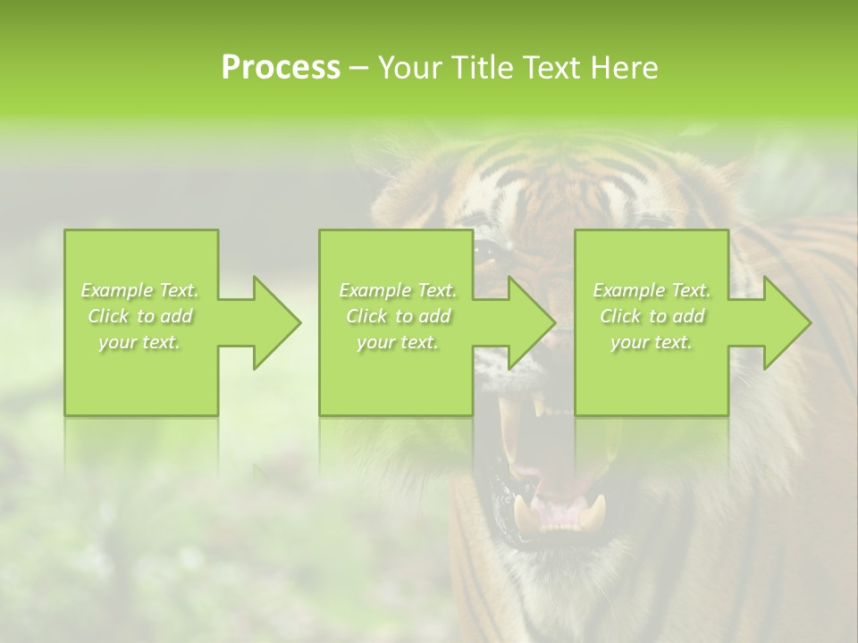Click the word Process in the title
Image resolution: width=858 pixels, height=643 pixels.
(x=281, y=68)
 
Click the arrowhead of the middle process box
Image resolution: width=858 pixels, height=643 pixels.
(x=531, y=322)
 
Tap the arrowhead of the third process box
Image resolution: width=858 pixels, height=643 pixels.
(x=786, y=322)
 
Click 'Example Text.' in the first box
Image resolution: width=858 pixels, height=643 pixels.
(x=140, y=290)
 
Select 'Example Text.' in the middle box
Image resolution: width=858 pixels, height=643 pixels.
(x=398, y=290)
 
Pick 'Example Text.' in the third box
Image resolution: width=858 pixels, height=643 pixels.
(x=652, y=290)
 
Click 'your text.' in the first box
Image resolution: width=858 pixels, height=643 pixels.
(x=140, y=342)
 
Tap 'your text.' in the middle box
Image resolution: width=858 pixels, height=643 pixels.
(x=398, y=342)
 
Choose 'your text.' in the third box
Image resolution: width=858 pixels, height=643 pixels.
(x=652, y=342)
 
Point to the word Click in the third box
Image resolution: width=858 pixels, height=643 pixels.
(x=620, y=316)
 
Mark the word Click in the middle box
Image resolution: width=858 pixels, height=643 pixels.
(x=366, y=316)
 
